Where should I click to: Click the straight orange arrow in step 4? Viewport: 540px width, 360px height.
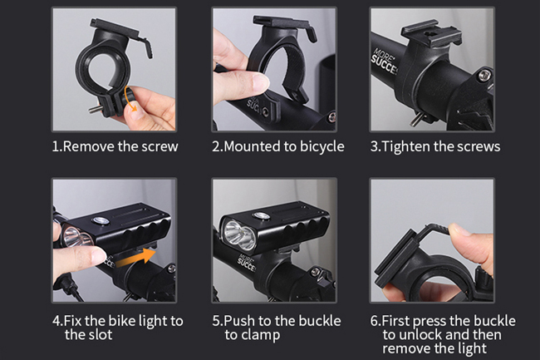click(x=135, y=259)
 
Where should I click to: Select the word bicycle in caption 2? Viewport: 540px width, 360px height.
click(x=322, y=147)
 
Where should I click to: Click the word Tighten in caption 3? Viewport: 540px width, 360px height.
click(x=406, y=147)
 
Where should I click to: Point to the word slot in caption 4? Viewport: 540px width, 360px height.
click(x=101, y=334)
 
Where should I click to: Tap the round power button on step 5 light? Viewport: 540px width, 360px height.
click(x=262, y=215)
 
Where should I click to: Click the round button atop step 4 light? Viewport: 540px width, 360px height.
click(x=100, y=220)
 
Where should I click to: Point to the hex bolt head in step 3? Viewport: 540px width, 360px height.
click(x=484, y=75)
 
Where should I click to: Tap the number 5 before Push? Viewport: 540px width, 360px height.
click(x=216, y=321)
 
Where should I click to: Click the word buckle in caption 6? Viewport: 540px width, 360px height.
click(x=494, y=321)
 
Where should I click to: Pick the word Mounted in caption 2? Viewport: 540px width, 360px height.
click(x=253, y=146)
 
